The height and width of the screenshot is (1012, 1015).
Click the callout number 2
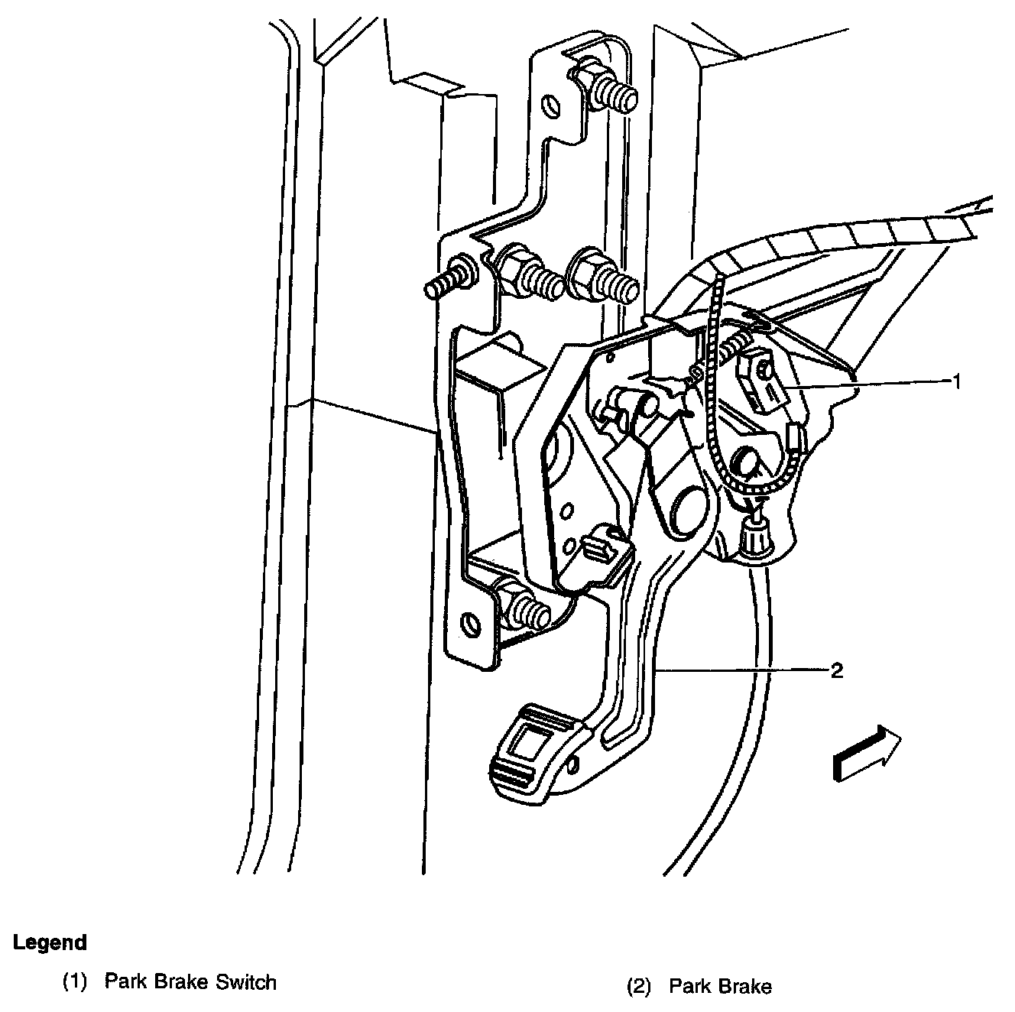(837, 671)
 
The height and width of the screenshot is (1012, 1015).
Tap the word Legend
(50, 942)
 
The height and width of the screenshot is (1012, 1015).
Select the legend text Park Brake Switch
(190, 981)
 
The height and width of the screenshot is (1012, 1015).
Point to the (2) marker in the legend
(638, 987)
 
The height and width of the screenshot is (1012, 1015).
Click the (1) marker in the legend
(74, 982)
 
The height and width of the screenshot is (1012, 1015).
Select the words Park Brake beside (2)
(720, 987)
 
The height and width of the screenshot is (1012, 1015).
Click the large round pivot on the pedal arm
(687, 506)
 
